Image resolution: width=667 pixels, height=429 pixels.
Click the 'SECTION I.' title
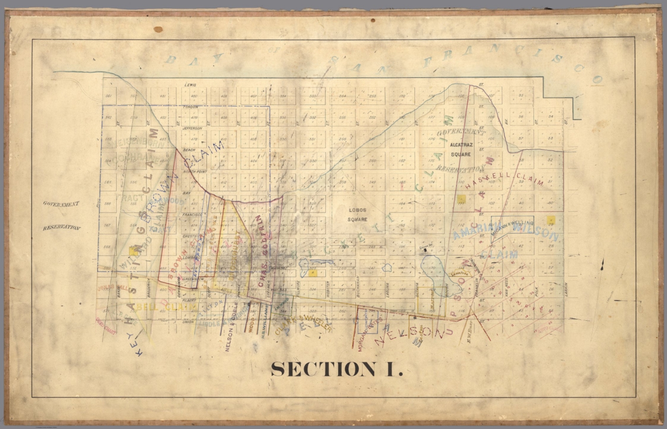[x=337, y=370]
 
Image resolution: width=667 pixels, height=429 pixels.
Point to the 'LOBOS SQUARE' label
[x=357, y=214]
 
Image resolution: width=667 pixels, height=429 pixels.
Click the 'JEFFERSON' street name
[x=192, y=129]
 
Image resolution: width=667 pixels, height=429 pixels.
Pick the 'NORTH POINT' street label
[x=195, y=172]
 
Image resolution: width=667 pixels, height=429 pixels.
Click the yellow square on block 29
[x=551, y=220]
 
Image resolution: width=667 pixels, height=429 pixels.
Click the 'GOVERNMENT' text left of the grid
[x=61, y=204]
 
